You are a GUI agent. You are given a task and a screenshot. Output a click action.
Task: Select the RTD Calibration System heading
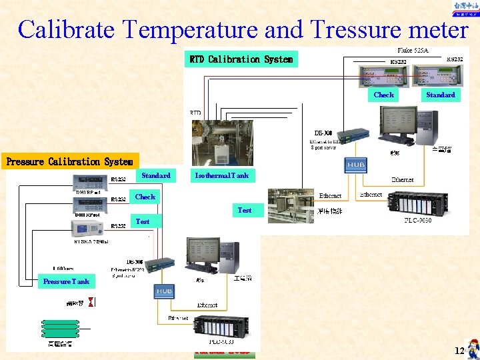click(241, 59)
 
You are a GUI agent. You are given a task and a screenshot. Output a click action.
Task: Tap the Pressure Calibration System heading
click(69, 161)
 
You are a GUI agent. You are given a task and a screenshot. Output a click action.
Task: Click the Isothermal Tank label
click(221, 175)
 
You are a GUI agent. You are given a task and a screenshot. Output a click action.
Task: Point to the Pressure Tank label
click(66, 281)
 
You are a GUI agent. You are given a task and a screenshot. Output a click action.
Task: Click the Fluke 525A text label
click(413, 51)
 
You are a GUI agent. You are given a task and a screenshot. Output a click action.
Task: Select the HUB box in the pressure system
click(164, 291)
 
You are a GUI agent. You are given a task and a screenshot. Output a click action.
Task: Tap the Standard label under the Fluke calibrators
click(440, 95)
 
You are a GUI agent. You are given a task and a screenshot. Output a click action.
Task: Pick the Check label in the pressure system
click(145, 197)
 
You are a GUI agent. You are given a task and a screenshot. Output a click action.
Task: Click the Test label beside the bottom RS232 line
click(143, 221)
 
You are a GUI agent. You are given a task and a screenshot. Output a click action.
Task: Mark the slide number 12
click(459, 351)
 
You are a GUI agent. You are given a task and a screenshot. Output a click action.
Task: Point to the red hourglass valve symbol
click(91, 302)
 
